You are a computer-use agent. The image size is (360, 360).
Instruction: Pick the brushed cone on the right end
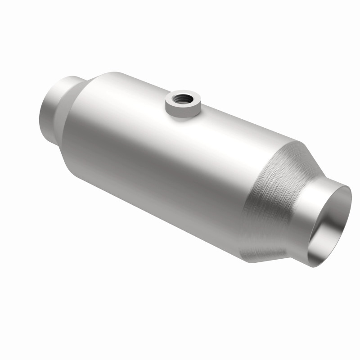274,193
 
